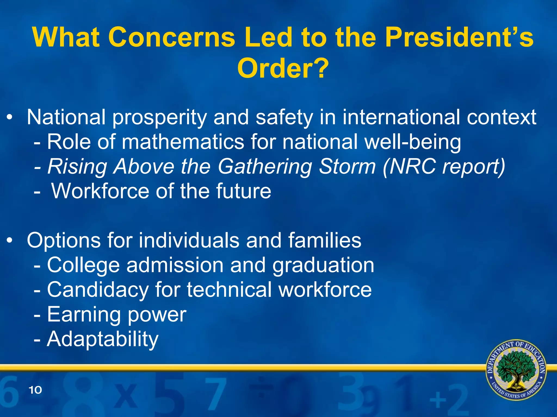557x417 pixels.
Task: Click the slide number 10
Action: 35,390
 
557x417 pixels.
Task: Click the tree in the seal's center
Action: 516,370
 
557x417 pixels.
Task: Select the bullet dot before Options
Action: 10,241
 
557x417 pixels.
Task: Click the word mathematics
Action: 183,142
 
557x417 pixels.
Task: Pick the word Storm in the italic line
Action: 347,166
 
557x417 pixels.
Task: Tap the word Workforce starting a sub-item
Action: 100,191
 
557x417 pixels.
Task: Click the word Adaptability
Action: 103,339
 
